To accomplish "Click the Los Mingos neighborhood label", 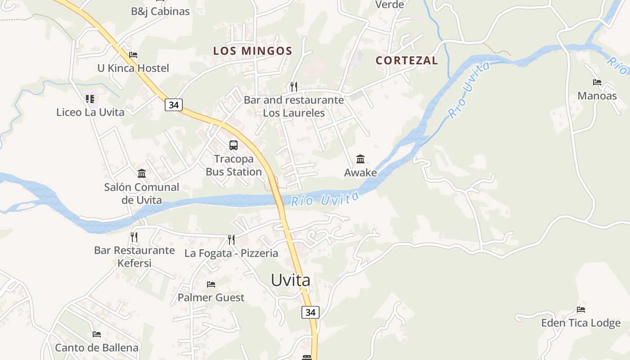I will point(252,51).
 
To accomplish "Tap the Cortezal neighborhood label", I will point(406,60).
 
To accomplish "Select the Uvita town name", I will point(290,280).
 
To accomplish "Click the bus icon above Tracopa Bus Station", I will point(233,145).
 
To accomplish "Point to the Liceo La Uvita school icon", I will point(90,99).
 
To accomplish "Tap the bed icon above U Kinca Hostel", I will point(133,55).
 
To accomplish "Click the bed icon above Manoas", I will point(597,82).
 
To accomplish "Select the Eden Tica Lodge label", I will point(580,323).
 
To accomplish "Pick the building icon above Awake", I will point(360,159).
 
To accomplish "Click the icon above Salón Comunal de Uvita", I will point(142,173).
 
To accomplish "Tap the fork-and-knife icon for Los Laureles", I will point(293,86).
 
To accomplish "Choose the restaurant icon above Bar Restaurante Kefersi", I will point(134,237).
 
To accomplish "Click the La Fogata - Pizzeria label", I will point(231,253).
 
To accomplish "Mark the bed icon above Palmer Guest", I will point(211,284).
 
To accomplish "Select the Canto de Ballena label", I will point(97,348).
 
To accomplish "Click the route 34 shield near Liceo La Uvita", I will point(174,105).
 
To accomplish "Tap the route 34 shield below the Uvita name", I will point(310,312).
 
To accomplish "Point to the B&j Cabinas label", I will point(160,11).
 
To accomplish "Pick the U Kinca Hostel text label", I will point(133,68).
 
